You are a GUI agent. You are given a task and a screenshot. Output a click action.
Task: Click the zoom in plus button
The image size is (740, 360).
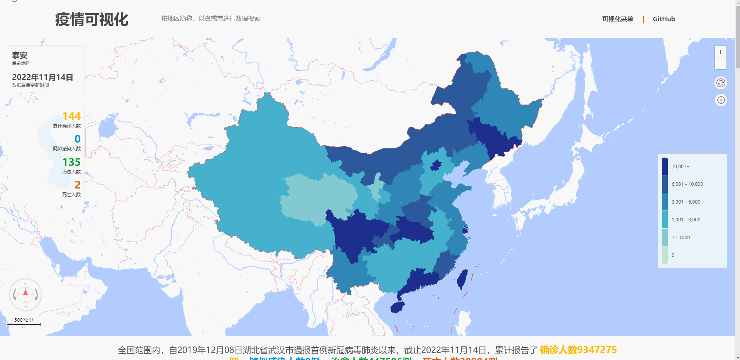[x=720, y=52]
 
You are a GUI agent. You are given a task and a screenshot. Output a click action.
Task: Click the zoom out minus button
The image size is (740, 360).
[x=720, y=64]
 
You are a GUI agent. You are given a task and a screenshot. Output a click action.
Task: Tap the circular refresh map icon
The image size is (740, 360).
[x=721, y=83]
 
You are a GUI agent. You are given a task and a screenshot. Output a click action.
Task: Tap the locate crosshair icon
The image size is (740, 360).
[x=721, y=100]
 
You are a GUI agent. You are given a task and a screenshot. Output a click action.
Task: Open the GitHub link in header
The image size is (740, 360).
[x=664, y=19]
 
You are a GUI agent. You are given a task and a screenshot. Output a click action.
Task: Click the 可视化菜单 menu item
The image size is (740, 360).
[x=618, y=19]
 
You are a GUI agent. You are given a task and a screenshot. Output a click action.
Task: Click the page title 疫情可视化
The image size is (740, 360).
[x=92, y=19]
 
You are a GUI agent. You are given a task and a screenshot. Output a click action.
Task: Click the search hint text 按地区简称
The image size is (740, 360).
[x=210, y=19]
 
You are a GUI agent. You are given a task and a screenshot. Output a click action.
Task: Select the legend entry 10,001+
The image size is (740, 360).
[x=680, y=166]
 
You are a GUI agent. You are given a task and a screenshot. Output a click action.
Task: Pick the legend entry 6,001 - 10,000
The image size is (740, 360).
[x=687, y=184]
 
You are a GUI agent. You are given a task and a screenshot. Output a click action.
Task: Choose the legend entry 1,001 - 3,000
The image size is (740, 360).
[x=686, y=220]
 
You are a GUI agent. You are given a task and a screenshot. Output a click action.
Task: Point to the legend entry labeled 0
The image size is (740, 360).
[x=673, y=255]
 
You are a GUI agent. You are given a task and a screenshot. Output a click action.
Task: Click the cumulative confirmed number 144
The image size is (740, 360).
[x=71, y=116]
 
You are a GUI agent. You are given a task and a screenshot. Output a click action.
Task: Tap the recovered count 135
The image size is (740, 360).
[x=71, y=162]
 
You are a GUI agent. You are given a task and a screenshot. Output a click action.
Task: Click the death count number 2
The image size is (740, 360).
[x=78, y=185]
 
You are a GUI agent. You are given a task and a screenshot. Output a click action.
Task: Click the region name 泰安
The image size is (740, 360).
[x=20, y=55]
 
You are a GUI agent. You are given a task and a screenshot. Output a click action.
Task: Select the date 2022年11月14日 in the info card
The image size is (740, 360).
[x=42, y=77]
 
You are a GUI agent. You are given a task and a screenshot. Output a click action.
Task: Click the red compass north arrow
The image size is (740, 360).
[x=25, y=292]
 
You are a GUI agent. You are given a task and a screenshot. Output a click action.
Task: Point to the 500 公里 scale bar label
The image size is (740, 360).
[x=24, y=320]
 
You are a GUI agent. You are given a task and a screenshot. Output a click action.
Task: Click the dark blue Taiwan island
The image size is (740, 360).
[x=462, y=279]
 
